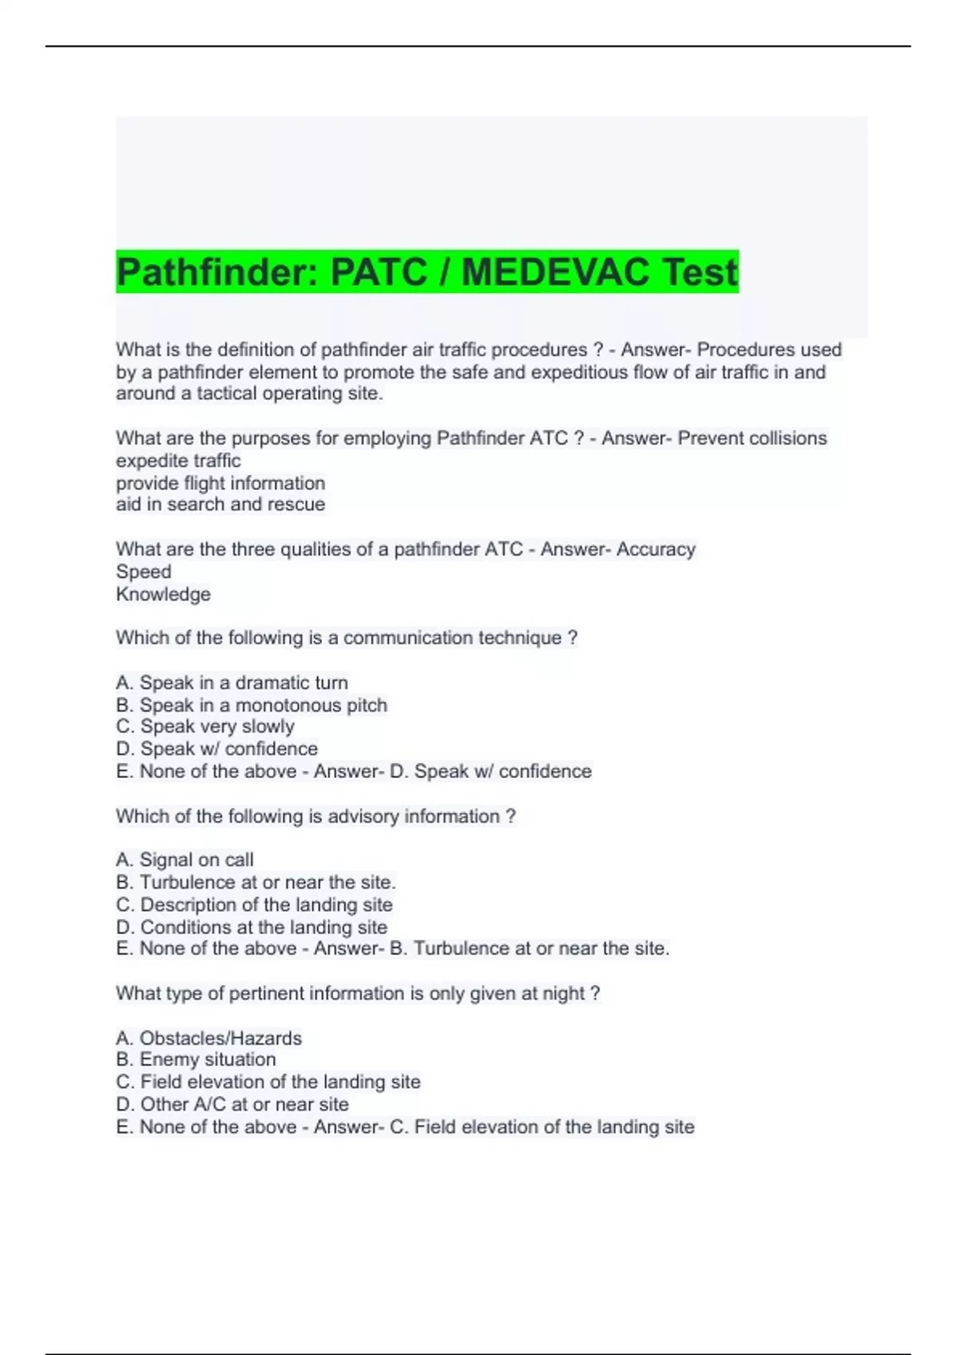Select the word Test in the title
[699, 273]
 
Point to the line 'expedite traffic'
[178, 461]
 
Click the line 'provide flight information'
[220, 483]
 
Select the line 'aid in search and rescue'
[220, 505]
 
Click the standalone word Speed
[144, 571]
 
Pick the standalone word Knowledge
[163, 595]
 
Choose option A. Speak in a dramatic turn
[231, 683]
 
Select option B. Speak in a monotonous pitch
[251, 705]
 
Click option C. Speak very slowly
[205, 727]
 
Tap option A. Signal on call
[184, 860]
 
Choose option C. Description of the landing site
[254, 905]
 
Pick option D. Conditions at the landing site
[251, 928]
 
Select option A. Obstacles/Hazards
[208, 1039]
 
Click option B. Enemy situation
[195, 1060]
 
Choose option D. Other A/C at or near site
[232, 1105]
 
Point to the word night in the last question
[563, 994]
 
